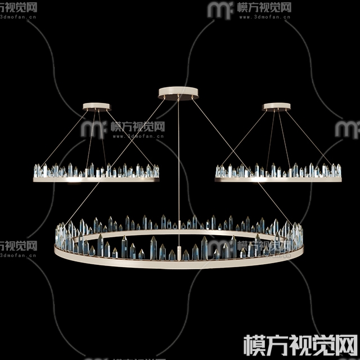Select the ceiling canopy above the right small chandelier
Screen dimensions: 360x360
tap(276, 106)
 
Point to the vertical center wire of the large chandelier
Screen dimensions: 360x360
tap(179, 169)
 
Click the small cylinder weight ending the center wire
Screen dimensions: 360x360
tap(179, 253)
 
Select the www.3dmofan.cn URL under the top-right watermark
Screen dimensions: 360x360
tap(264, 18)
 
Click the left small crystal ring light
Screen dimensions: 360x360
tap(96, 172)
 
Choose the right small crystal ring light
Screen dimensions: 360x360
tap(278, 172)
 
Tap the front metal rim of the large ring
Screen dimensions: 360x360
tap(179, 263)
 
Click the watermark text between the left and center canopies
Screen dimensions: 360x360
tap(137, 127)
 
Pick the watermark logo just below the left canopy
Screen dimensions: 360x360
tap(92, 129)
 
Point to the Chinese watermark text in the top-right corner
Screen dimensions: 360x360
tap(264, 8)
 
